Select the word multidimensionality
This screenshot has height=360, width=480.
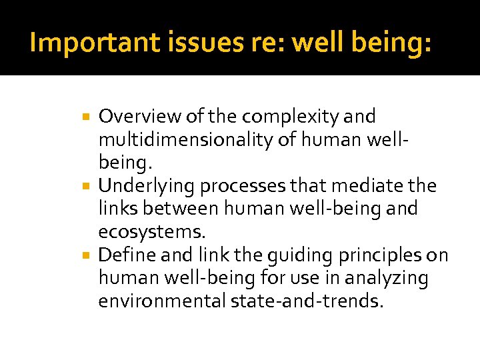coord(197,140)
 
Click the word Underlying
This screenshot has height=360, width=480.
coord(147,186)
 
